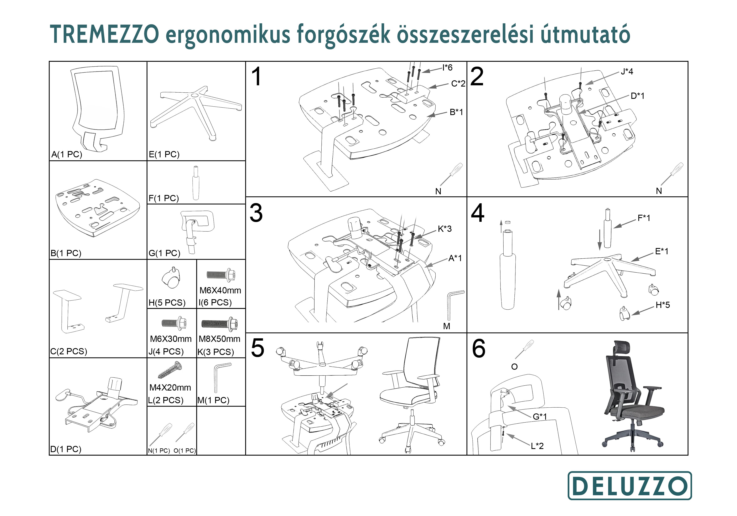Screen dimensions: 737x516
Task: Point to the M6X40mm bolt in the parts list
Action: (x=221, y=274)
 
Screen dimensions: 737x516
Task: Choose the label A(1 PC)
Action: (x=67, y=154)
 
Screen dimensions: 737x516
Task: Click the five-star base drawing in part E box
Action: (x=196, y=113)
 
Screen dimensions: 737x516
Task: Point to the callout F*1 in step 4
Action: (x=644, y=218)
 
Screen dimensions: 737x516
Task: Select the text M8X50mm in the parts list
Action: (x=219, y=339)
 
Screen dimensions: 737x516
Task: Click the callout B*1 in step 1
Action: (x=456, y=112)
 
